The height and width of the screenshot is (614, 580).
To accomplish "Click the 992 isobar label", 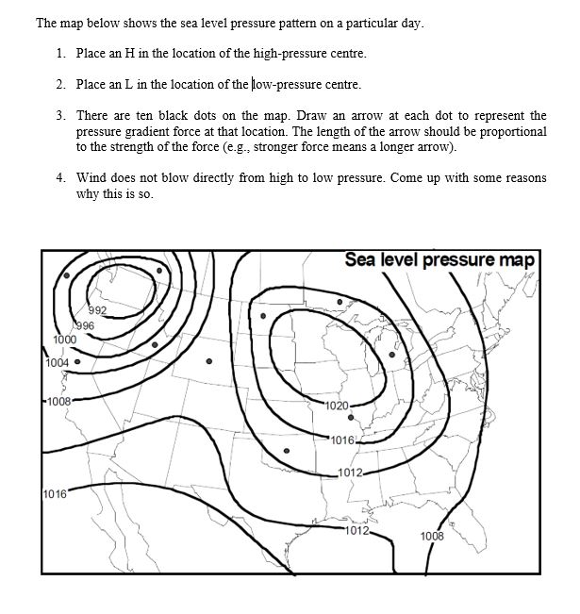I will [99, 311].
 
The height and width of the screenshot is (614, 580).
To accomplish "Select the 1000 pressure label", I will [64, 340].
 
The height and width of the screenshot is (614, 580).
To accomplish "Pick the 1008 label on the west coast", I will [59, 401].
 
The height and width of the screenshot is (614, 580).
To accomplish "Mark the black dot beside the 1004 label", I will [77, 360].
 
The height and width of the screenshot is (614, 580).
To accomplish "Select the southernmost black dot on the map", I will [287, 452].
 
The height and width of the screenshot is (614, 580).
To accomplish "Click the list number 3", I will [58, 116].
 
